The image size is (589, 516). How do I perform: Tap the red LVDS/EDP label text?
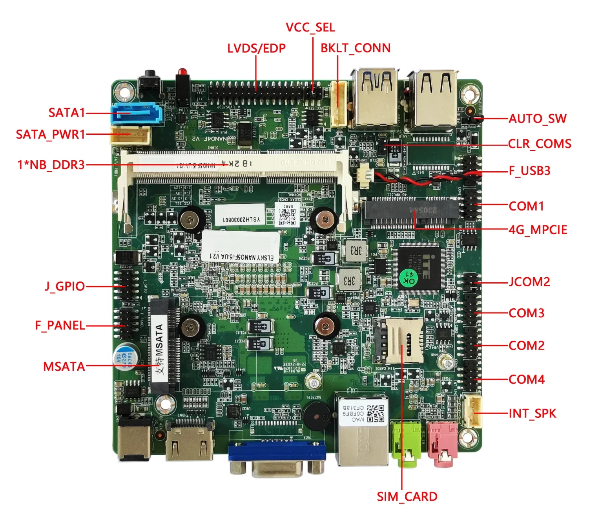click(x=256, y=48)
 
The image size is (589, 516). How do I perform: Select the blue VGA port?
click(x=277, y=452)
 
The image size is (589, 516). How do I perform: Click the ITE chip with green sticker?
click(x=419, y=267)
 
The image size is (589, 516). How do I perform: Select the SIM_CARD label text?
click(x=407, y=496)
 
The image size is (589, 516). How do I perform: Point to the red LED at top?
click(x=181, y=72)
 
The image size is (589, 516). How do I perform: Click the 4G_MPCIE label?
click(x=538, y=230)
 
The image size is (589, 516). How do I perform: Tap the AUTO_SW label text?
click(x=537, y=119)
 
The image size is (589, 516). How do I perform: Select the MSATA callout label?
click(x=64, y=366)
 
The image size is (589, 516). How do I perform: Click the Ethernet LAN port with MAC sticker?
click(x=361, y=430)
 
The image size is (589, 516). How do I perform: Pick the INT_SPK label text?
click(x=532, y=413)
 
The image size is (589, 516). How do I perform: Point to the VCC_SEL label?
click(x=310, y=27)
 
